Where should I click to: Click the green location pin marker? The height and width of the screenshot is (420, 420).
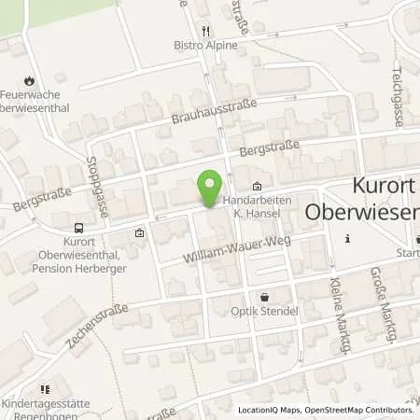point(212,190)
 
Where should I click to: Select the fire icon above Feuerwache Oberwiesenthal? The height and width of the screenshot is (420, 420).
point(30,81)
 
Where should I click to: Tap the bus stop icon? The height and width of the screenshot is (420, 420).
point(78,227)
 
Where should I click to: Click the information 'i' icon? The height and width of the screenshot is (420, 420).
point(348,239)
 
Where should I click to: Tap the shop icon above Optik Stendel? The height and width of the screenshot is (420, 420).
point(265,296)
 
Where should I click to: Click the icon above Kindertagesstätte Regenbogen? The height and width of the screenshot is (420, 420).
point(43,390)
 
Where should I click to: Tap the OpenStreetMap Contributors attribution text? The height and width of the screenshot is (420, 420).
point(359,410)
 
